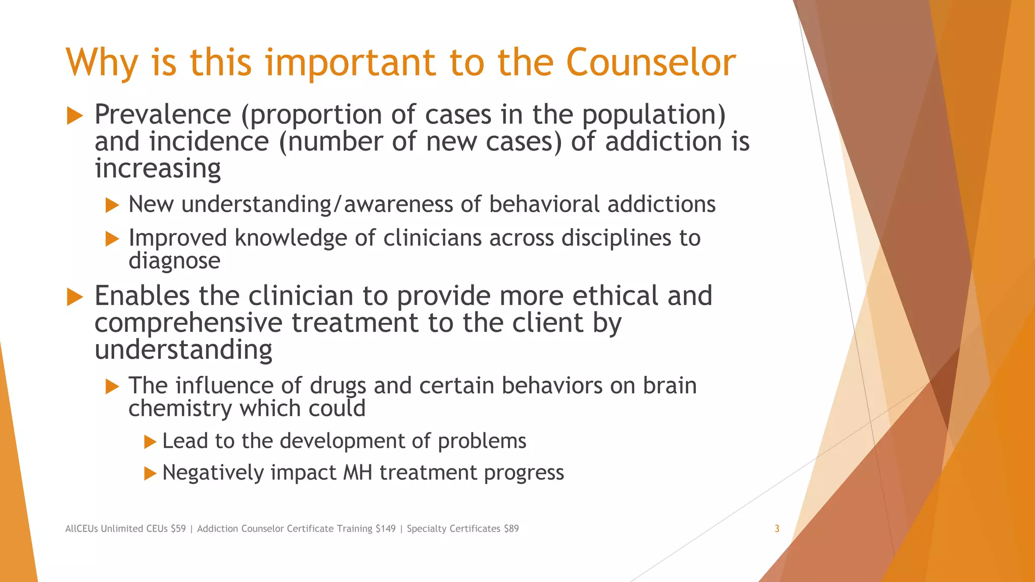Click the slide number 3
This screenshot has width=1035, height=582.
click(777, 528)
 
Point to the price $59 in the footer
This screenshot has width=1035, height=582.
click(178, 528)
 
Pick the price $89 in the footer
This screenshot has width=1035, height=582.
click(511, 528)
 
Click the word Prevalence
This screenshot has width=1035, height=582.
click(163, 114)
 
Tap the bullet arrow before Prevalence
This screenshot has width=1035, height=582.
click(75, 116)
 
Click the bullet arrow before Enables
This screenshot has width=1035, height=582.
click(75, 297)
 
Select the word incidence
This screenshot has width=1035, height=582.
click(209, 141)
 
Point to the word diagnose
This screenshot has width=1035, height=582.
click(174, 261)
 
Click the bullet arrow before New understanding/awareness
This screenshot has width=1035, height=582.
click(112, 205)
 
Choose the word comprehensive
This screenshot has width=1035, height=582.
click(188, 323)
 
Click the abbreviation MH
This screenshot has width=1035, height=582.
click(357, 473)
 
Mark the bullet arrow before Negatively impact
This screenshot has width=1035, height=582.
click(150, 473)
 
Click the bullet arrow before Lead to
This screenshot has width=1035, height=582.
click(150, 442)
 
